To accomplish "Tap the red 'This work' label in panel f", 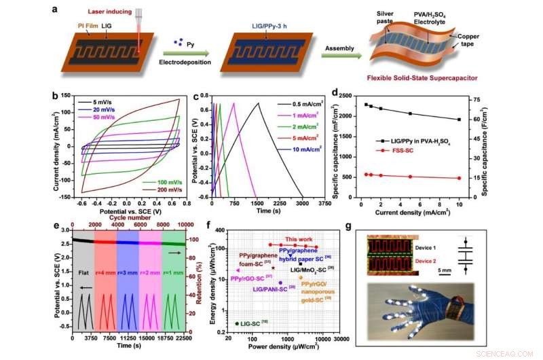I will pyautogui.click(x=299, y=239).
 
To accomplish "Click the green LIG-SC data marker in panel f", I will pyautogui.click(x=237, y=323).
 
